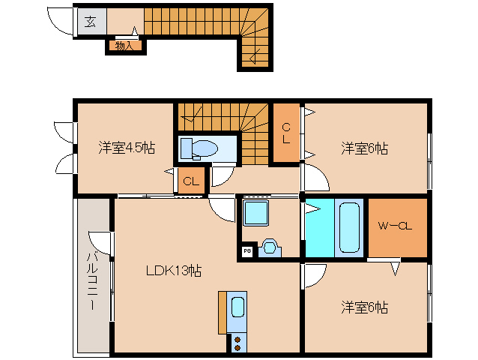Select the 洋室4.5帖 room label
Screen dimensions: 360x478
coord(127,148)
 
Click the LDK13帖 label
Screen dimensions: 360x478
coord(174,270)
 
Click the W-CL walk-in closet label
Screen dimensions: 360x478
coord(396,226)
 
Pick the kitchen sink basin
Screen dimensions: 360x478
coord(238,307)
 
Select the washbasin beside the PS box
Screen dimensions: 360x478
coord(270,247)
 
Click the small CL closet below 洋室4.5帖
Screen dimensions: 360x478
coord(191,180)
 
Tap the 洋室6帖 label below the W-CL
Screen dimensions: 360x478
coord(364,307)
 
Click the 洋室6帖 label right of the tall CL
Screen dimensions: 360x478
coord(364,148)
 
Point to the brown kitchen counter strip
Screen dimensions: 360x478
coord(223,311)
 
